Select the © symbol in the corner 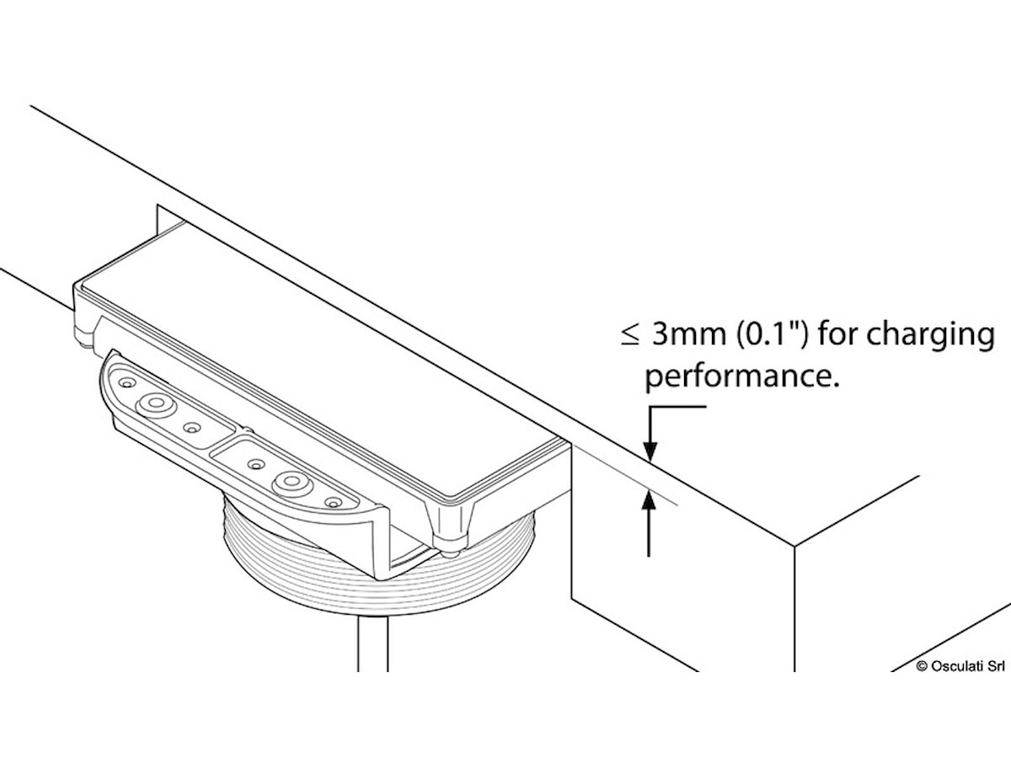(x=922, y=665)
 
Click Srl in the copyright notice (x=995, y=665)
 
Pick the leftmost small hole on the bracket (x=126, y=383)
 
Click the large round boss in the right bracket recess (x=292, y=482)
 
